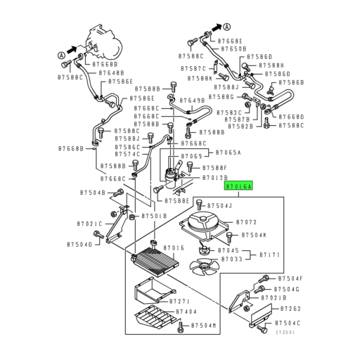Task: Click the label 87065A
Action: [229, 153]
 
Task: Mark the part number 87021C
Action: [89, 224]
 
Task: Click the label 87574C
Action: [127, 154]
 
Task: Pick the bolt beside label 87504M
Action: [181, 326]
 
